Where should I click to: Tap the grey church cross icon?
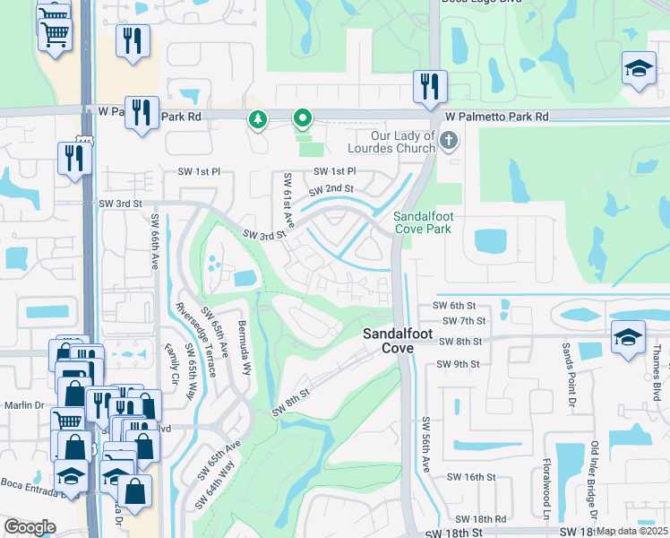pos(450,141)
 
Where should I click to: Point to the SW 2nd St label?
pos(331,189)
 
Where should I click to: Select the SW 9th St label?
pos(458,364)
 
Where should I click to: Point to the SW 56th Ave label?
pos(426,445)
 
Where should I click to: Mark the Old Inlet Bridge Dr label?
pos(594,479)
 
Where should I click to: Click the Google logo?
pos(30,527)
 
